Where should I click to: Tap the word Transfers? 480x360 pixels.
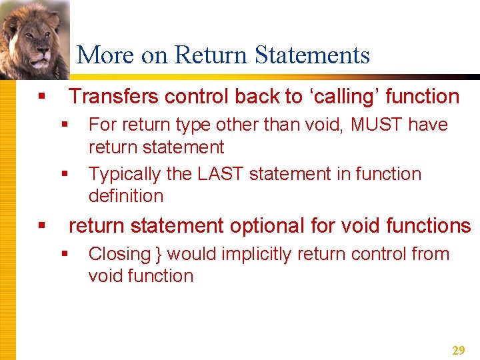pos(114,97)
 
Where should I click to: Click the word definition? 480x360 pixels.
pos(125,196)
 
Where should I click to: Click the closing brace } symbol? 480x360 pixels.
pos(159,254)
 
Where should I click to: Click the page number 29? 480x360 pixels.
pos(458,350)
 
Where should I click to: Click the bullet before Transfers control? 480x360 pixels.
pos(42,97)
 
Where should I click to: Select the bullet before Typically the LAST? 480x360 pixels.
pos(65,174)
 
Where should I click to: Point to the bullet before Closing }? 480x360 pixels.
pos(65,254)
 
